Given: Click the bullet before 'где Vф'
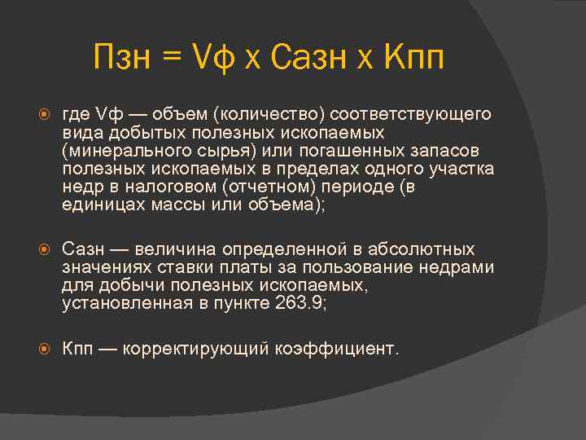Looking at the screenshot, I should pyautogui.click(x=47, y=113).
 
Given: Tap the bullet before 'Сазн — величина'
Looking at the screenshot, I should pyautogui.click(x=47, y=250).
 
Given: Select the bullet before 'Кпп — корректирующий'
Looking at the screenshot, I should pyautogui.click(x=47, y=349).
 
